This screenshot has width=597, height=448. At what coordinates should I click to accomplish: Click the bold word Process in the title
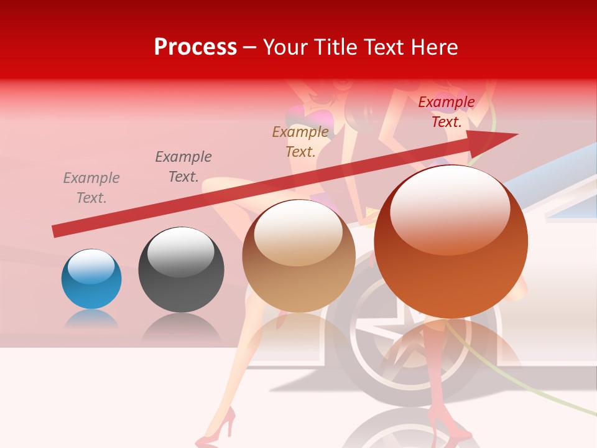pyautogui.click(x=195, y=47)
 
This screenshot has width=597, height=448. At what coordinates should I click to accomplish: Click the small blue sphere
pyautogui.click(x=91, y=279)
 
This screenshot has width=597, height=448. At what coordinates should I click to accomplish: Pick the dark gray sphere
pyautogui.click(x=181, y=269)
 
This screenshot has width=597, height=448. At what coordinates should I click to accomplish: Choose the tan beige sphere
pyautogui.click(x=298, y=256)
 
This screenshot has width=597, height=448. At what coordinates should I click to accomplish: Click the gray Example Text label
pyautogui.click(x=91, y=188)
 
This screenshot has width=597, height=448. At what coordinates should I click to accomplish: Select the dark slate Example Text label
pyautogui.click(x=183, y=167)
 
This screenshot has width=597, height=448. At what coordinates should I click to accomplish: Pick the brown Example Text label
pyautogui.click(x=300, y=142)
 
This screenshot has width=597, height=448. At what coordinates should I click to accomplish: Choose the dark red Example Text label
pyautogui.click(x=446, y=112)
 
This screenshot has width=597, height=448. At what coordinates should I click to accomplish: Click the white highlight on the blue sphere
pyautogui.click(x=91, y=266)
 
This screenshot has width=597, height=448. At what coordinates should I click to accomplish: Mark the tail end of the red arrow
pyautogui.click(x=56, y=231)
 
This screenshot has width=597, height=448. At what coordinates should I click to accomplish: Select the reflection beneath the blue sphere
pyautogui.click(x=91, y=319)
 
